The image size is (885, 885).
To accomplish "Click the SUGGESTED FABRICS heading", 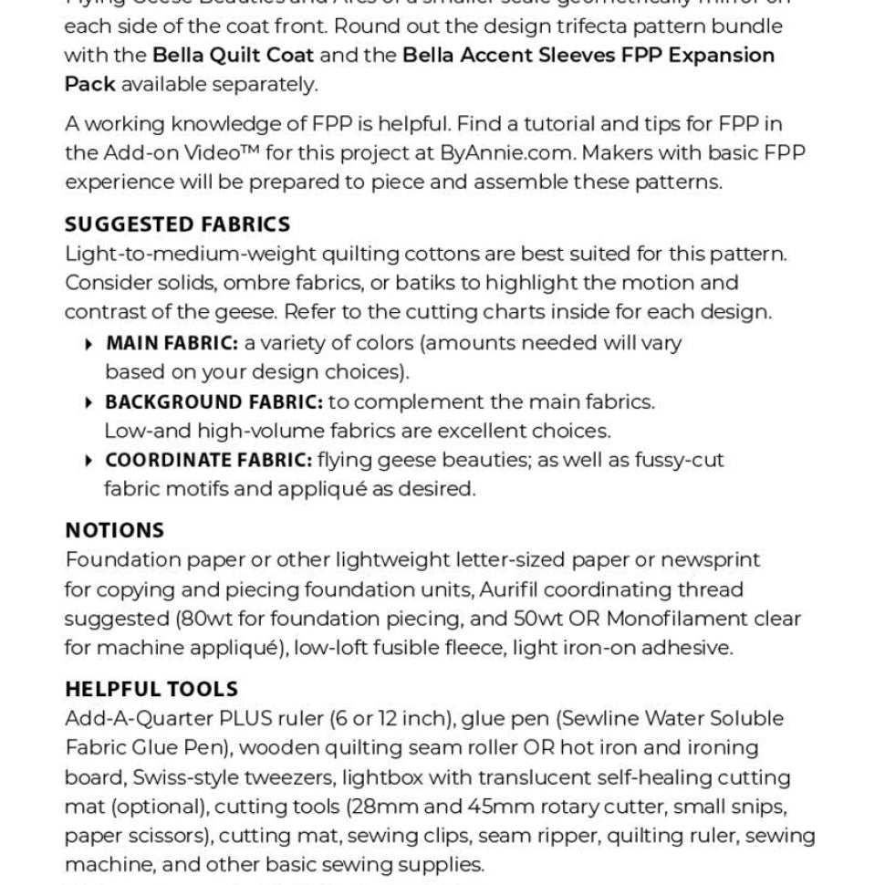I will [177, 224].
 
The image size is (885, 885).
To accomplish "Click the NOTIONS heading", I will [114, 530].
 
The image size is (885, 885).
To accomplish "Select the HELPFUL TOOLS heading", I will [151, 689].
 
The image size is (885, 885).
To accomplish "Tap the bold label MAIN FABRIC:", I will [172, 343].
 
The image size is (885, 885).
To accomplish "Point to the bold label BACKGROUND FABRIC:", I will [213, 401].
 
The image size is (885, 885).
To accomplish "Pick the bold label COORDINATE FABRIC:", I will [208, 460].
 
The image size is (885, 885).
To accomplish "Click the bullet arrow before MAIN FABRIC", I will [88, 344].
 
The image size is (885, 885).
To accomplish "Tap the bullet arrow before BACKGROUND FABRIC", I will [88, 402].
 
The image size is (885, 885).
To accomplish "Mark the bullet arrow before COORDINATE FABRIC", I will [88, 461].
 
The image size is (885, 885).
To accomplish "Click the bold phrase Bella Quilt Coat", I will [233, 55].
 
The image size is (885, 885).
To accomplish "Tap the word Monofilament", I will [677, 619].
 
